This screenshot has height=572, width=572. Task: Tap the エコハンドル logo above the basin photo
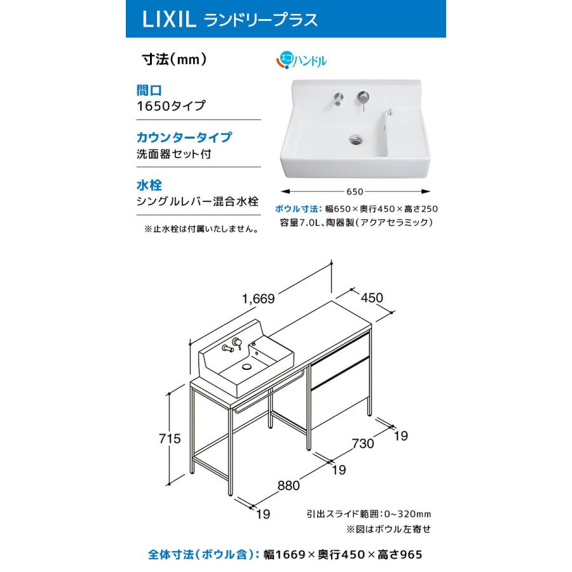(301, 61)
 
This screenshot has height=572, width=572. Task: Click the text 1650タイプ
(171, 106)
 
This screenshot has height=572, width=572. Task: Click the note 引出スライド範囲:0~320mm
(361, 514)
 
